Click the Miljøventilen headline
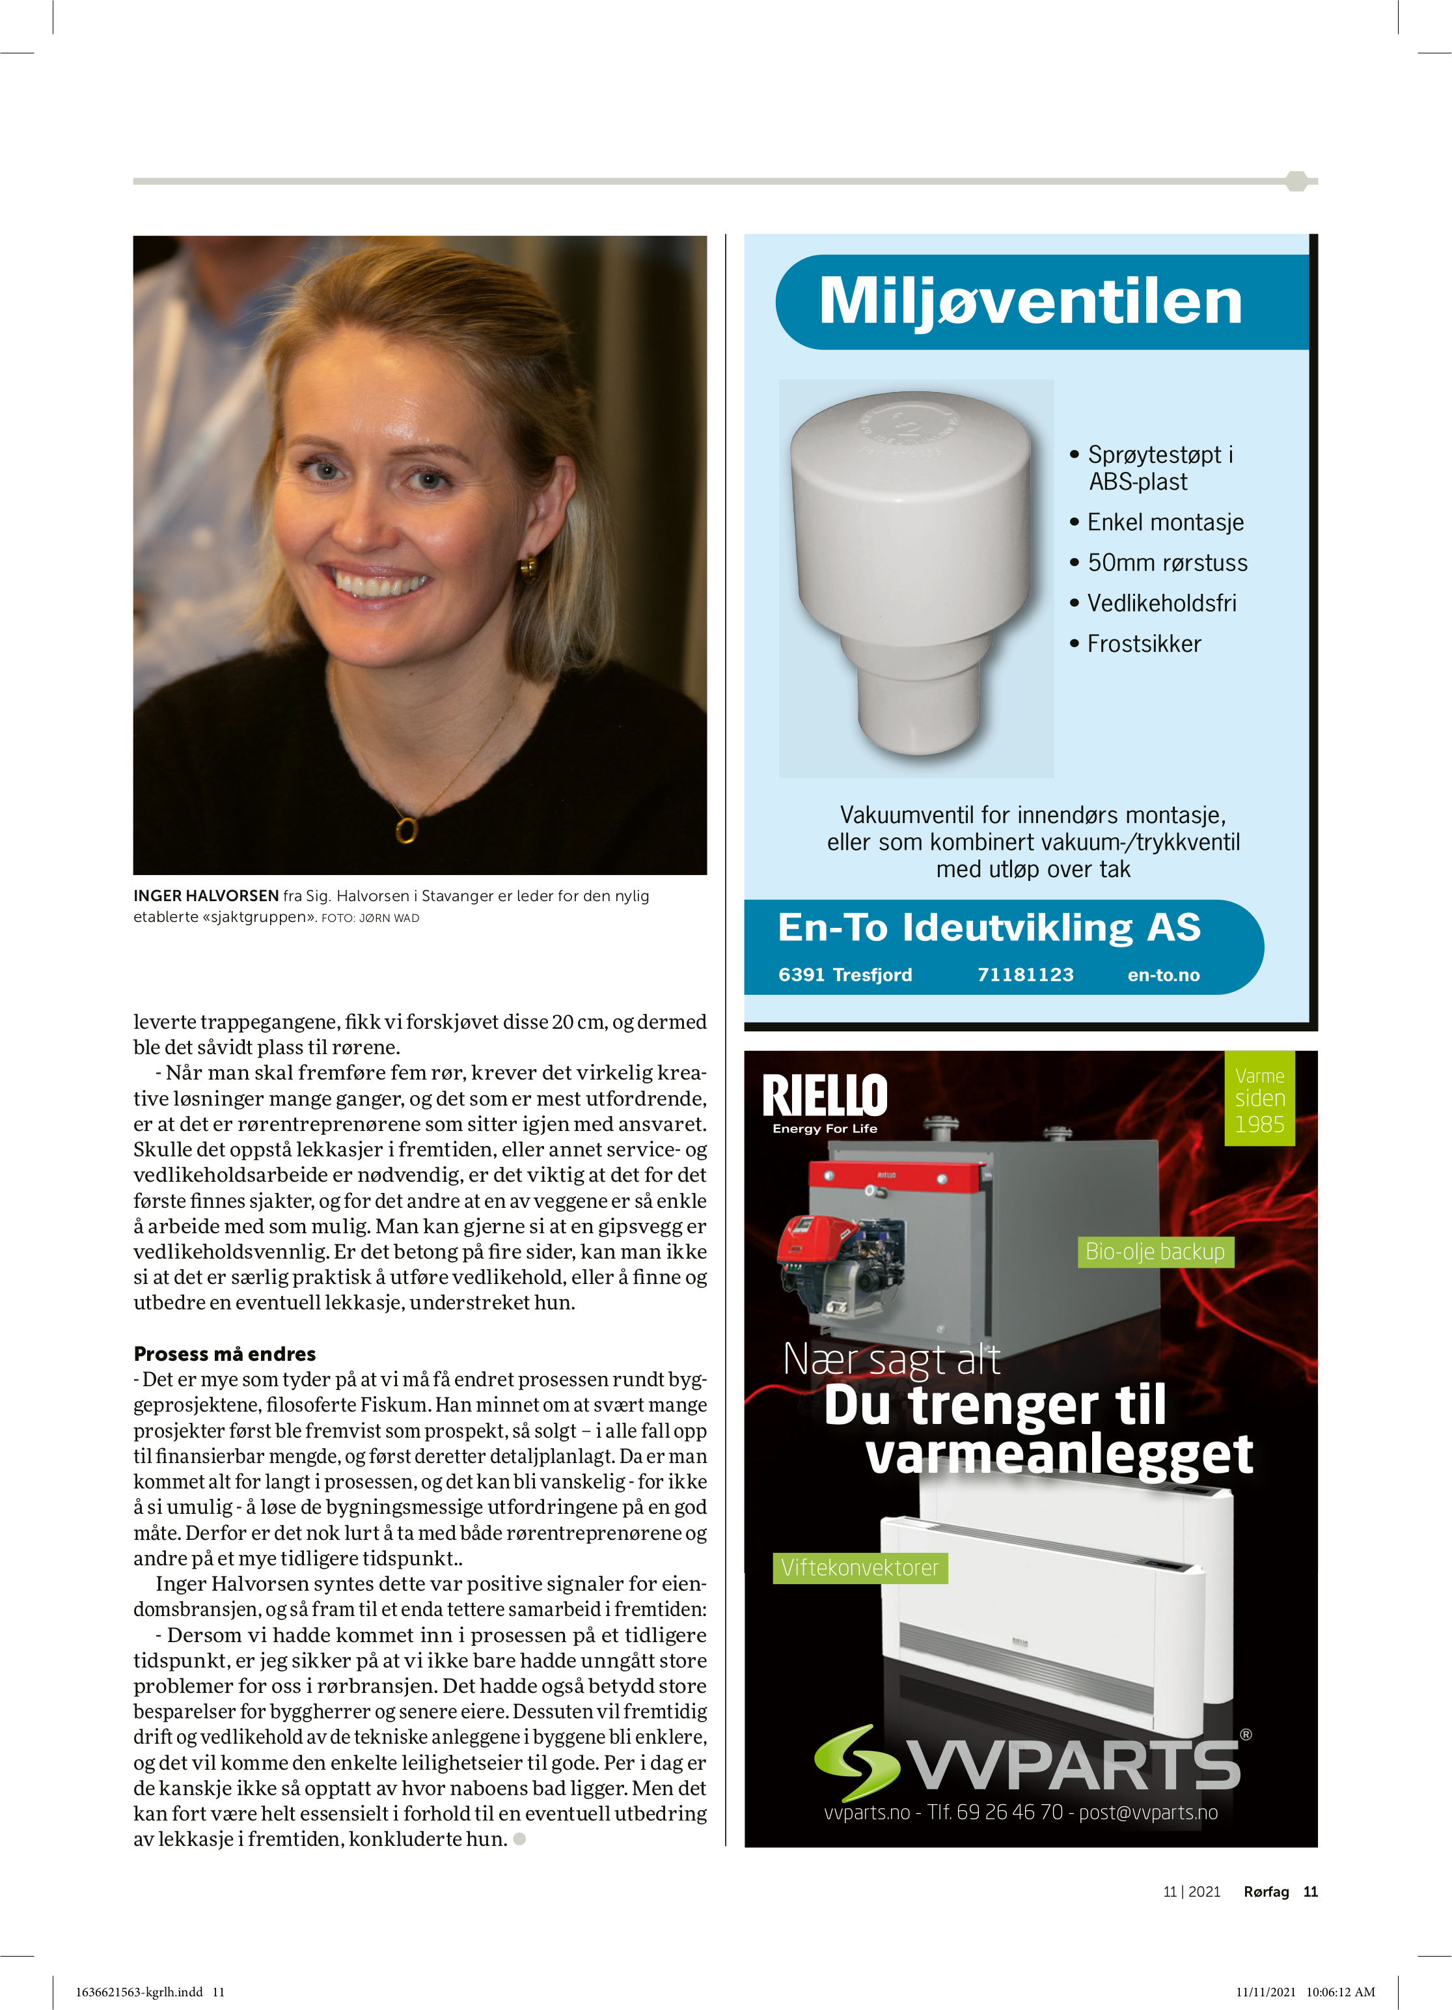(x=1030, y=301)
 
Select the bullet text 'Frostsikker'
(x=1144, y=645)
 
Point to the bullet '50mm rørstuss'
(x=1167, y=563)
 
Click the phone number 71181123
(x=1025, y=975)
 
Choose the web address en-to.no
(x=1163, y=975)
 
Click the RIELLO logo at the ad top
(x=824, y=1097)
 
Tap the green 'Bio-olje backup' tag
(x=1155, y=1251)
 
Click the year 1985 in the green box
(x=1259, y=1124)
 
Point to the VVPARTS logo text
(x=1075, y=1765)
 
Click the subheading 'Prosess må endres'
(x=224, y=1353)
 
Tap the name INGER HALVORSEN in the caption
(x=206, y=896)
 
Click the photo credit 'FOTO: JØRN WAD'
(x=370, y=918)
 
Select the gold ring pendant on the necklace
(x=405, y=830)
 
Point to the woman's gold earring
(x=528, y=565)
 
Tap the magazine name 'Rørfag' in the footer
(x=1266, y=1891)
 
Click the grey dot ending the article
(x=520, y=1839)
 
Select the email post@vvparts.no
(x=1148, y=1812)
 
